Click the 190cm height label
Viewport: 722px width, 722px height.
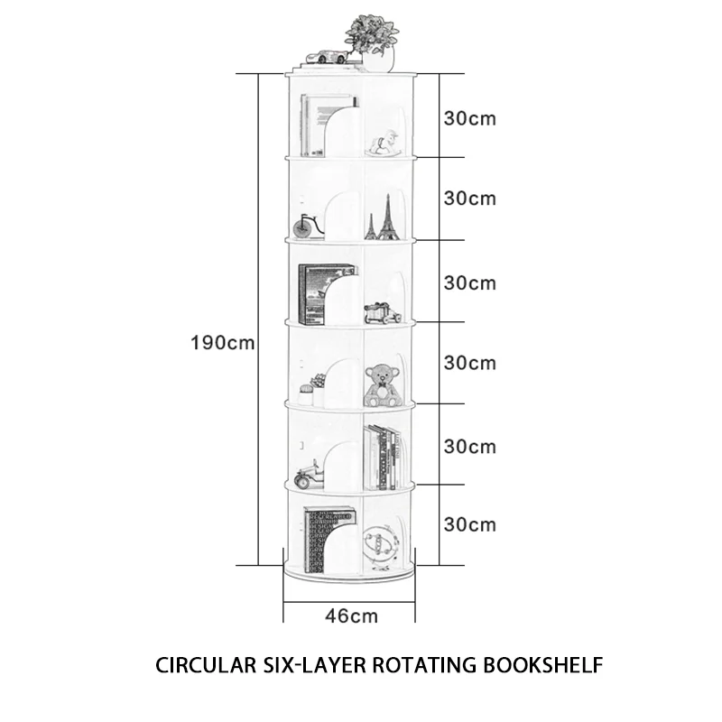tap(223, 343)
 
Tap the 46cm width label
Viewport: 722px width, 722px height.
tap(351, 616)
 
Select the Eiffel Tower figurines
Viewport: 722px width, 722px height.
tap(384, 218)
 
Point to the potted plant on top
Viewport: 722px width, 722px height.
tap(373, 42)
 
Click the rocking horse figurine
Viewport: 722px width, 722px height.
tap(385, 143)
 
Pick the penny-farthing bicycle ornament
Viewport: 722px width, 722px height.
tap(307, 225)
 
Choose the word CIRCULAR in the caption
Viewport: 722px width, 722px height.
tap(204, 666)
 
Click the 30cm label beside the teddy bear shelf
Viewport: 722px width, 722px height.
tap(470, 364)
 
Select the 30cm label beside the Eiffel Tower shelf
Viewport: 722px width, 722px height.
tap(470, 199)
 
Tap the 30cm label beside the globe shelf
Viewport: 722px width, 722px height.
tap(470, 524)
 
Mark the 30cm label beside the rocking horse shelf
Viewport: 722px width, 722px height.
tap(470, 118)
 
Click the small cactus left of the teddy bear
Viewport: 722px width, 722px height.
tap(307, 390)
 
